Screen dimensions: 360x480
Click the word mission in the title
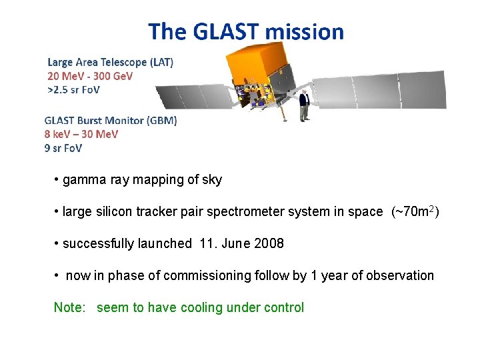(x=304, y=31)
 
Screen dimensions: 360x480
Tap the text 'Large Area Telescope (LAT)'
(x=111, y=62)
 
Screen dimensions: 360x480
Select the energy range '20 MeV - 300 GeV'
(x=90, y=76)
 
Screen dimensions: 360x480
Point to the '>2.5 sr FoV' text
(x=73, y=89)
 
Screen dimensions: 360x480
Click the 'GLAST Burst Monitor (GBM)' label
(x=111, y=121)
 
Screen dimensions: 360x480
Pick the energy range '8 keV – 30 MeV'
(x=81, y=134)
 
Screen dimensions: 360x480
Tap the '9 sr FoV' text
(x=63, y=148)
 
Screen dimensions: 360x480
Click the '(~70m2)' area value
(x=415, y=211)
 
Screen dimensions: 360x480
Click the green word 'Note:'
(x=70, y=307)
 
